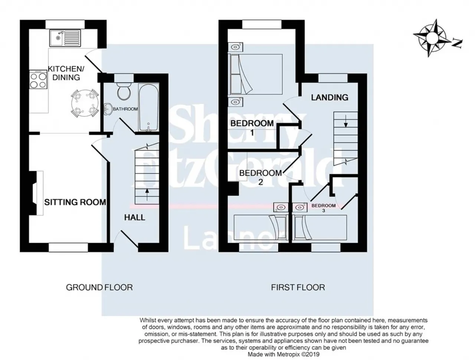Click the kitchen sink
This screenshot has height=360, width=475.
pyautogui.click(x=65, y=38)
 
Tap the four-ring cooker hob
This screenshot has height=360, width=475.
pyautogui.click(x=38, y=79)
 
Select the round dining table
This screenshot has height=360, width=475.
pyautogui.click(x=85, y=103)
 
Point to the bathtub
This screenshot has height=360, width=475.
pyautogui.click(x=149, y=107)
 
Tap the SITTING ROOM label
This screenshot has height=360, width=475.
pyautogui.click(x=75, y=202)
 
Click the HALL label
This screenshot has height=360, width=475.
pyautogui.click(x=135, y=217)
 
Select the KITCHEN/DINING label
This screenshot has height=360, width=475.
pyautogui.click(x=66, y=73)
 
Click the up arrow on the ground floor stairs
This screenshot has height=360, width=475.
pyautogui.click(x=147, y=194)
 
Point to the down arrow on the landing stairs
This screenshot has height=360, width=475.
pyautogui.click(x=346, y=121)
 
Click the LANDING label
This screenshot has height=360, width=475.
pyautogui.click(x=330, y=97)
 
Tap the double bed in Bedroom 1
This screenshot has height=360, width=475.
pyautogui.click(x=255, y=74)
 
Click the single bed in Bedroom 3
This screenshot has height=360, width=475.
pyautogui.click(x=320, y=228)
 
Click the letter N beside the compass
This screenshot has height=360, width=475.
pyautogui.click(x=457, y=43)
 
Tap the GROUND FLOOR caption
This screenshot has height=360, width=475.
pyautogui.click(x=99, y=288)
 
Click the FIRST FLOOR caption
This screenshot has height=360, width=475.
pyautogui.click(x=298, y=288)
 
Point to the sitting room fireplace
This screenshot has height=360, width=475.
pyautogui.click(x=36, y=193)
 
